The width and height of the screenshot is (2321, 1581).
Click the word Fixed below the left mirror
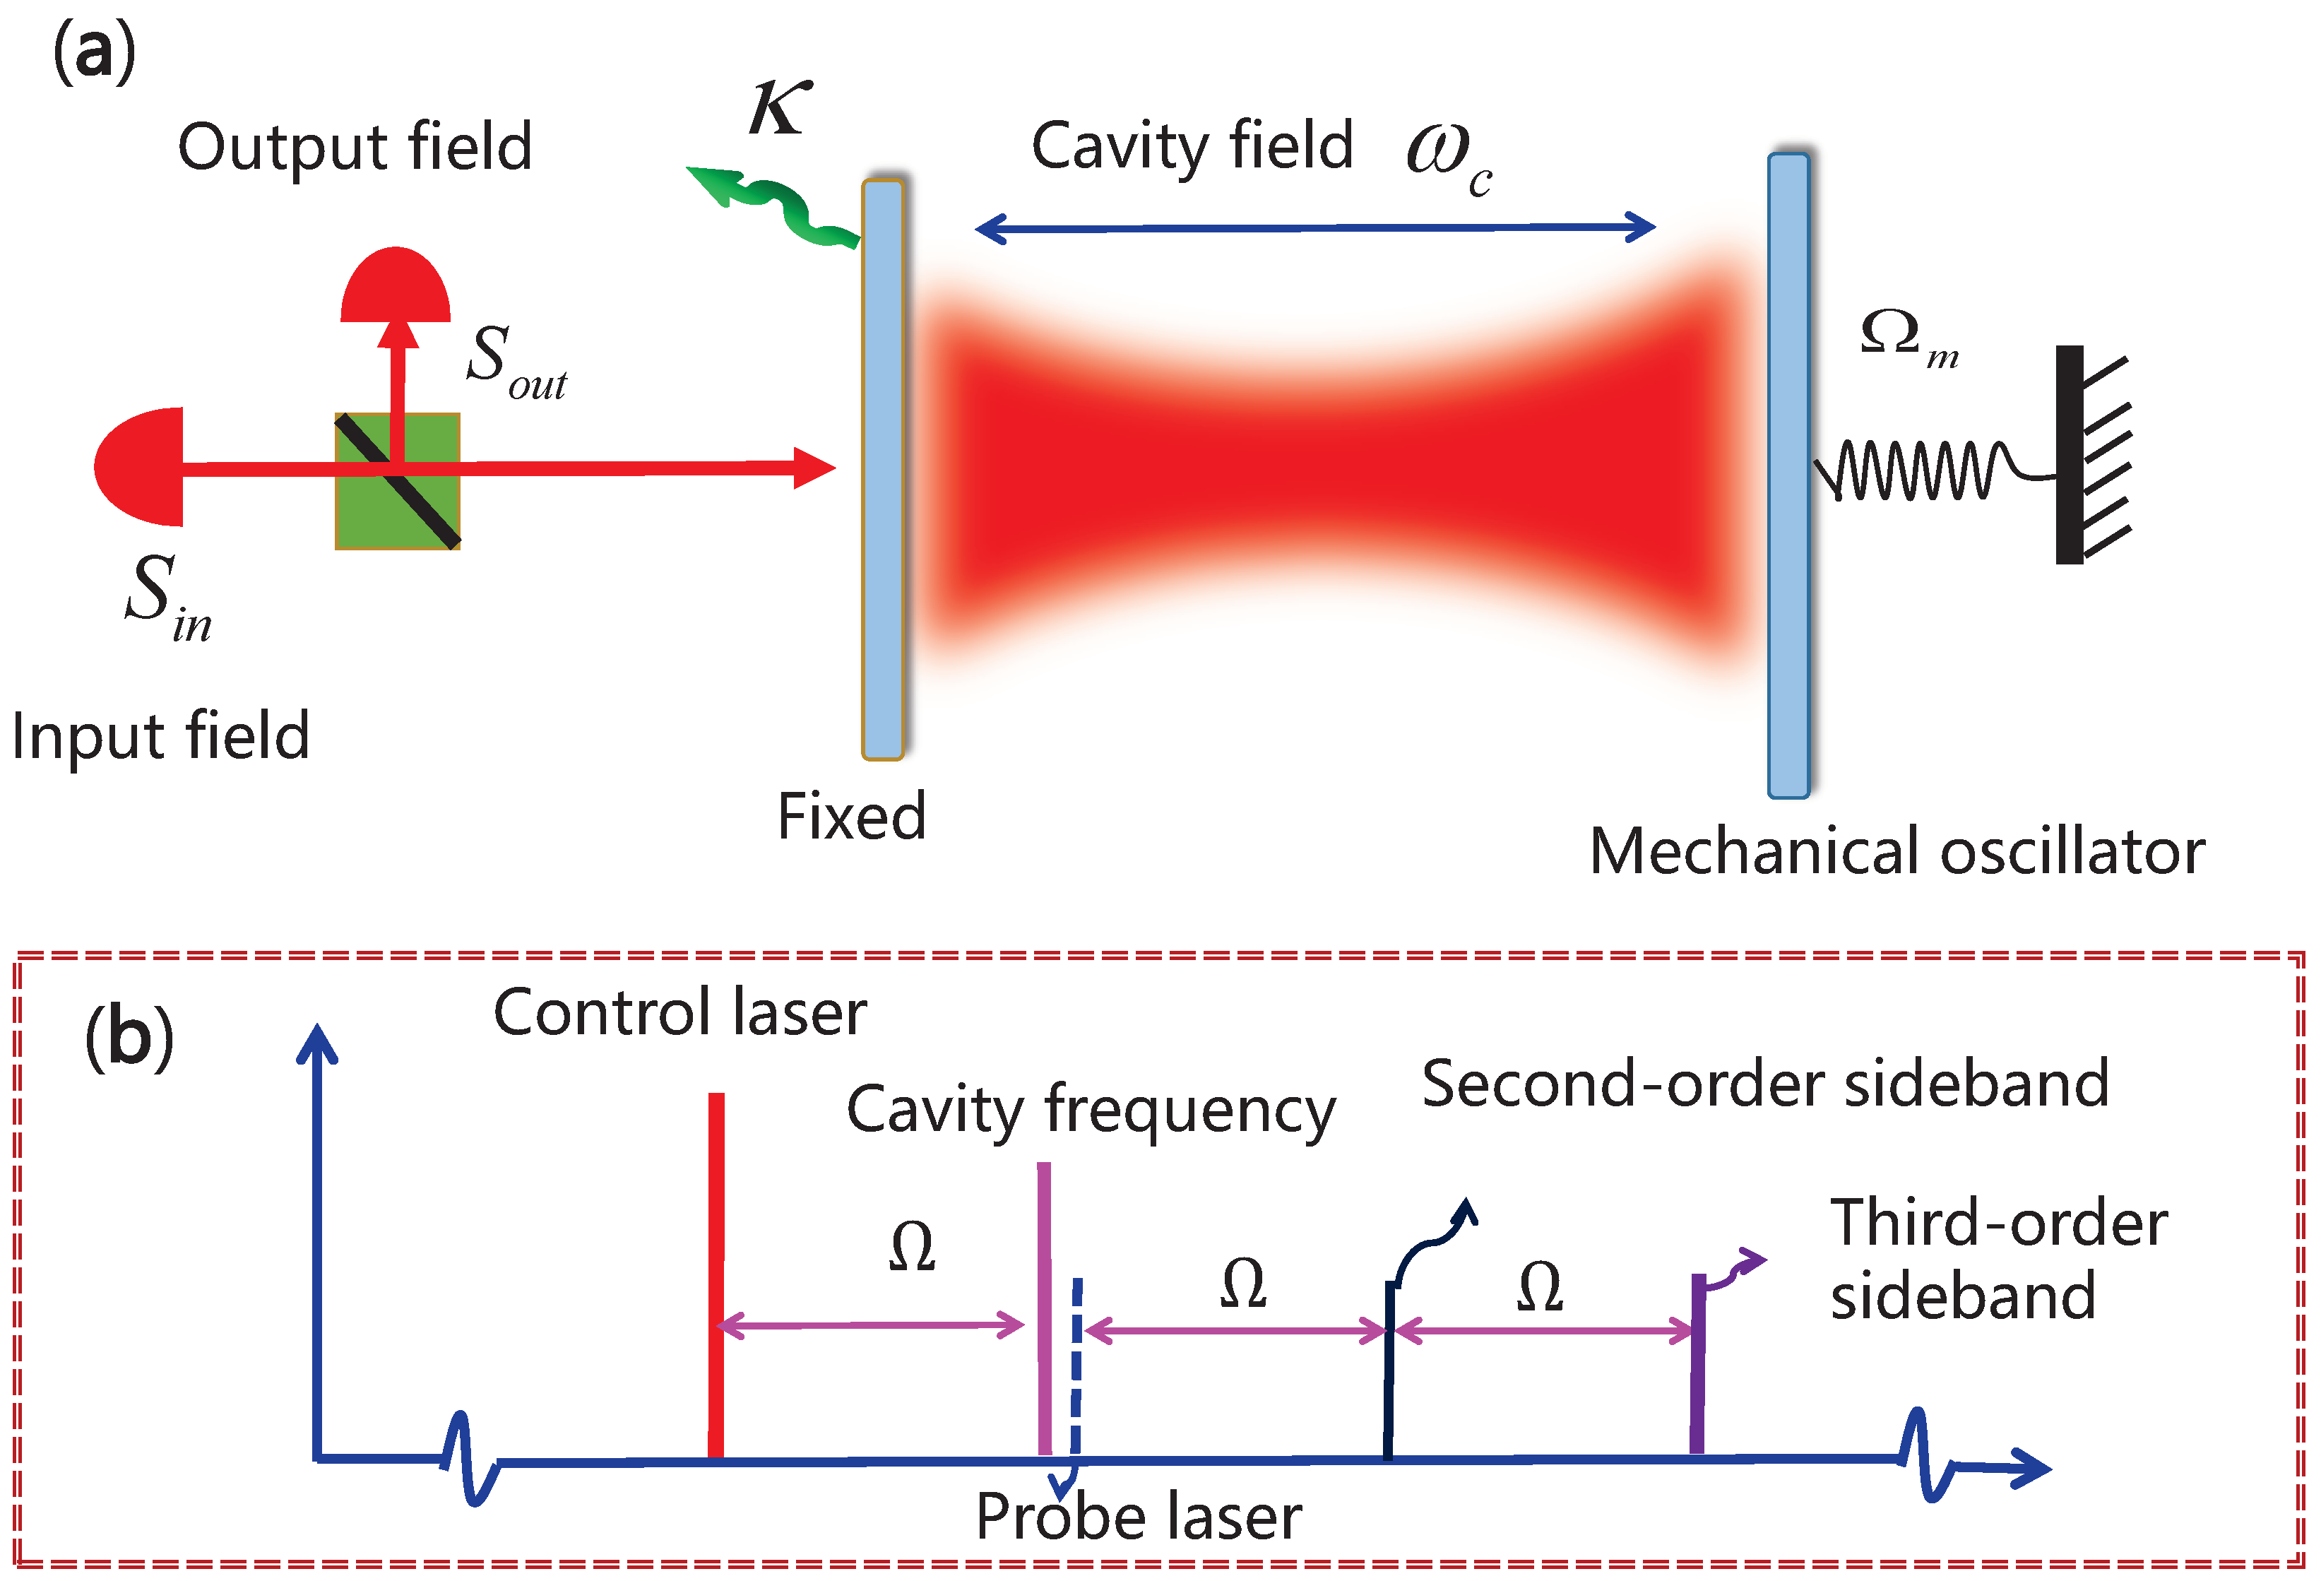click(x=852, y=817)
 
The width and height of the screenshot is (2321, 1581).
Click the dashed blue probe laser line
click(x=1076, y=1368)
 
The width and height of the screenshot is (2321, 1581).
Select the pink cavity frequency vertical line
click(x=1045, y=1308)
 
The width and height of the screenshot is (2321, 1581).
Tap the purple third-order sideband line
click(x=1698, y=1368)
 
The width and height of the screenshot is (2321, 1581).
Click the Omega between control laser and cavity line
click(x=912, y=1248)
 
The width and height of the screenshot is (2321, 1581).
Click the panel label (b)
click(x=130, y=1038)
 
